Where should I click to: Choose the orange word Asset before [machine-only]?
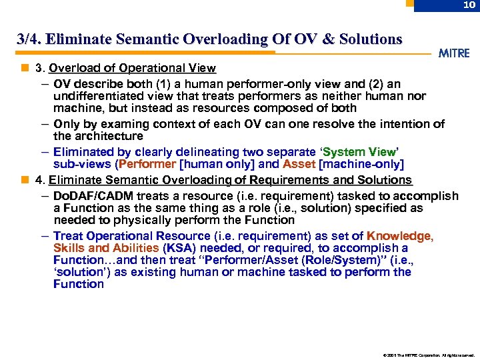pyautogui.click(x=298, y=164)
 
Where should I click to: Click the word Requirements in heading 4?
pyautogui.click(x=283, y=180)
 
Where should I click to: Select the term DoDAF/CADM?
pyautogui.click(x=93, y=196)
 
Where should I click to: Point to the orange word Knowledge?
pyautogui.click(x=399, y=236)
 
